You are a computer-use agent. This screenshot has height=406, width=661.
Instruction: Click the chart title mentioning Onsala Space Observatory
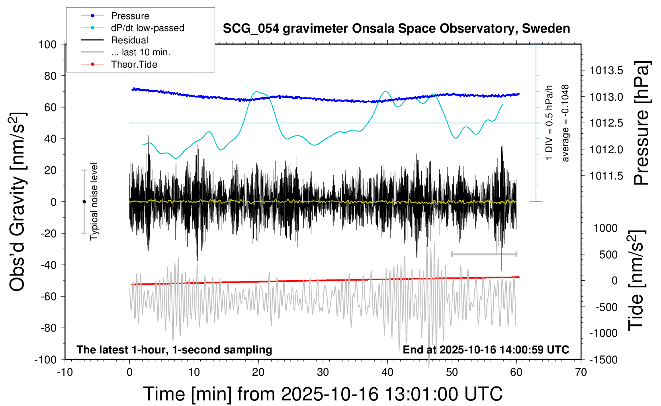pyautogui.click(x=396, y=29)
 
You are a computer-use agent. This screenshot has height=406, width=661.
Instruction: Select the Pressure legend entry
pyautogui.click(x=130, y=16)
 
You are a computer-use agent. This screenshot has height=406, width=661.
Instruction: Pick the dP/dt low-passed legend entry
pyautogui.click(x=147, y=28)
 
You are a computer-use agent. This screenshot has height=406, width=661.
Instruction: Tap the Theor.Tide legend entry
pyautogui.click(x=134, y=64)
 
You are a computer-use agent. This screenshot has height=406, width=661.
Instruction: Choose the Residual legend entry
pyautogui.click(x=129, y=40)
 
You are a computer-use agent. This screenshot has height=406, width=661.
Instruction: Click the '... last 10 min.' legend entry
pyautogui.click(x=141, y=52)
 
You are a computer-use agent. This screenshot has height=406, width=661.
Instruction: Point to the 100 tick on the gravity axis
pyautogui.click(x=48, y=44)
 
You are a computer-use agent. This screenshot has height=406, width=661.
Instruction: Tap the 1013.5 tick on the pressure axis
pyautogui.click(x=606, y=71)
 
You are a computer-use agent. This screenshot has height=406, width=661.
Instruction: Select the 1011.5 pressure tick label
pyautogui.click(x=606, y=176)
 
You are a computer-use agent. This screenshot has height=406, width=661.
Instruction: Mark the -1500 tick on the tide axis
pyautogui.click(x=603, y=359)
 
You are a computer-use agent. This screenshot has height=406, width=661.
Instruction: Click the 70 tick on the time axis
pyautogui.click(x=581, y=372)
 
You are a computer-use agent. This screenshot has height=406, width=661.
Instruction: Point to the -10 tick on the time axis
pyautogui.click(x=65, y=372)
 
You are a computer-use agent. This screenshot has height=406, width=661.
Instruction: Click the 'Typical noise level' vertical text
pyautogui.click(x=94, y=201)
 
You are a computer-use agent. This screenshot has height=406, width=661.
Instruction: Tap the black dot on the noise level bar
pyautogui.click(x=84, y=202)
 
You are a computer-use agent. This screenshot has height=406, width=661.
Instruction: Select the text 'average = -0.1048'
pyautogui.click(x=565, y=123)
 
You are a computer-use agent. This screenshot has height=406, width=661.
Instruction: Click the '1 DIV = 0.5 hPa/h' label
pyautogui.click(x=550, y=123)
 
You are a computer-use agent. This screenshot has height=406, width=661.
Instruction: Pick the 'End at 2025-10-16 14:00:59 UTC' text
pyautogui.click(x=486, y=349)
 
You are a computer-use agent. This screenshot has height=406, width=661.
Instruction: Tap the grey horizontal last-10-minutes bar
pyautogui.click(x=484, y=254)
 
